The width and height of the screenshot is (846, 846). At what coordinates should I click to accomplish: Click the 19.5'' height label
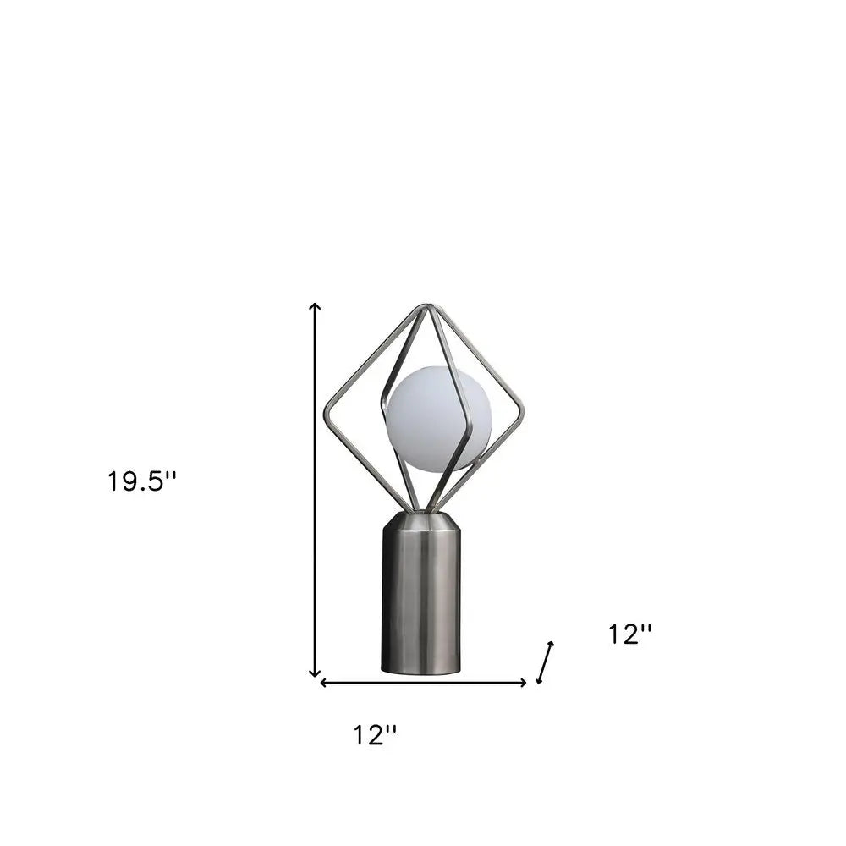(141, 481)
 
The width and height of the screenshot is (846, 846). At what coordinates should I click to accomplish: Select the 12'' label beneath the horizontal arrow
(375, 735)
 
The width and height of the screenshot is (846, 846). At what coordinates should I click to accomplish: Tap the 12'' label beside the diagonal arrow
(630, 634)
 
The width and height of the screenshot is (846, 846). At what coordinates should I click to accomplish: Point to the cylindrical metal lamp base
(421, 596)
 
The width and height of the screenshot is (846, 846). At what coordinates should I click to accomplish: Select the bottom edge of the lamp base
(421, 673)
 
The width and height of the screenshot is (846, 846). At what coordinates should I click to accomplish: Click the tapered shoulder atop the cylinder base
(421, 520)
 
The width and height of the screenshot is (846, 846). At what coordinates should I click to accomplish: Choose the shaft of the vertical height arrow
(316, 491)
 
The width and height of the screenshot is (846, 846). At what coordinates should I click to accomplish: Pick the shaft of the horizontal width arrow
(423, 683)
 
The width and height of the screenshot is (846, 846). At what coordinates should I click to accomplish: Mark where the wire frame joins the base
(420, 510)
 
